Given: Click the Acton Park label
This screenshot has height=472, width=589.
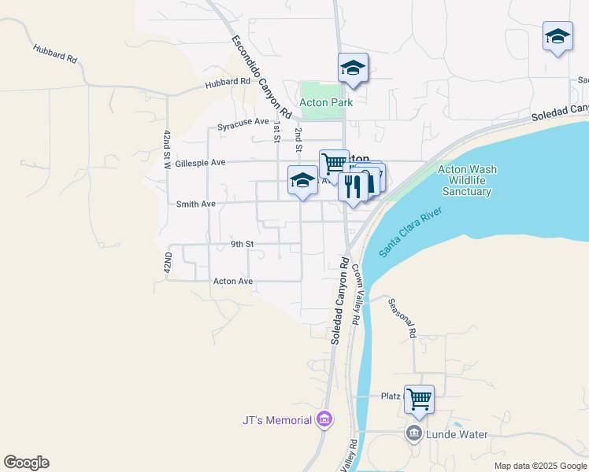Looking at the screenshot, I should point(325,101).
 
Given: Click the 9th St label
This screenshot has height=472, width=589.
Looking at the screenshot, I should point(242,244).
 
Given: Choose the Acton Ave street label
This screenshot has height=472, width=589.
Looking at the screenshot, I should point(233,281).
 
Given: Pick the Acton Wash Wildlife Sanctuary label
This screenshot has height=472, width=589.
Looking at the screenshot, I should point(465,180).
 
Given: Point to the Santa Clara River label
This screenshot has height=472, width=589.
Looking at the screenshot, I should point(413,232).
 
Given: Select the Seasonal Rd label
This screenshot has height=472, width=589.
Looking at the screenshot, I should point(402,319).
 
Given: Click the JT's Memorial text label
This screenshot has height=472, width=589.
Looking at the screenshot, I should point(276,420).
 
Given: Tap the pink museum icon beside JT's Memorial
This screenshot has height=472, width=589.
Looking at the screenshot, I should point(324,420).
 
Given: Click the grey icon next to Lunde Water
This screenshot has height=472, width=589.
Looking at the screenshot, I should point(414,433).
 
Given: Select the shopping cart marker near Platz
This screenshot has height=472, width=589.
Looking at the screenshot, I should point(419,398).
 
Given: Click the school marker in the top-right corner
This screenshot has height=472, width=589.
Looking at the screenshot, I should point(558,36).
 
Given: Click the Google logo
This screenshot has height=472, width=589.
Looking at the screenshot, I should point(26,463).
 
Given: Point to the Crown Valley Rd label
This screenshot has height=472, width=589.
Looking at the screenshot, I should point(355,295).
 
